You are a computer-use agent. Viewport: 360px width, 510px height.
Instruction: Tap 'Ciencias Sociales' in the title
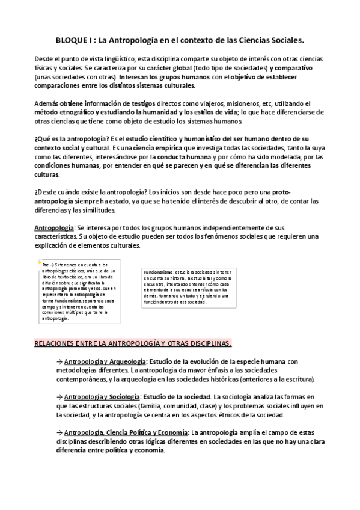(271, 41)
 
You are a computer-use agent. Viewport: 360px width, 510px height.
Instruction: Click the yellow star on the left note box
(39, 264)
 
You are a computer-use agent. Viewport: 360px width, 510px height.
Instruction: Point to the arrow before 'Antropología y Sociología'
(59, 397)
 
